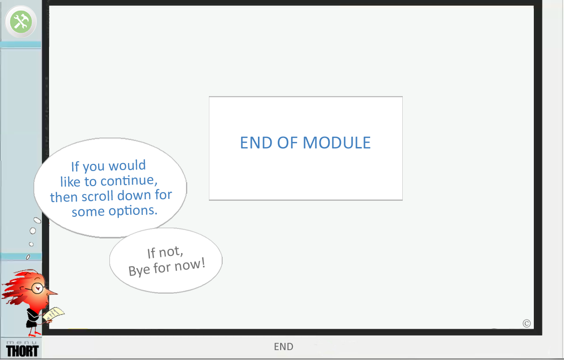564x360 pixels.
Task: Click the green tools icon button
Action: point(20,22)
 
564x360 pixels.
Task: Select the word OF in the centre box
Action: point(288,142)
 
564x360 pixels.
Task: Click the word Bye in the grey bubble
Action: point(139,270)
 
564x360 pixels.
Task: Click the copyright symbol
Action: point(527,323)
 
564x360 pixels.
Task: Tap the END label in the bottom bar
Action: point(283,347)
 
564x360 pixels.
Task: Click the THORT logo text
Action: point(22,351)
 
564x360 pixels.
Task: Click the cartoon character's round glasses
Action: point(37,287)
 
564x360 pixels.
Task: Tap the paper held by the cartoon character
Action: point(54,314)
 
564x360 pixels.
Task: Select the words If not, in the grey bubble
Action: point(165,253)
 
